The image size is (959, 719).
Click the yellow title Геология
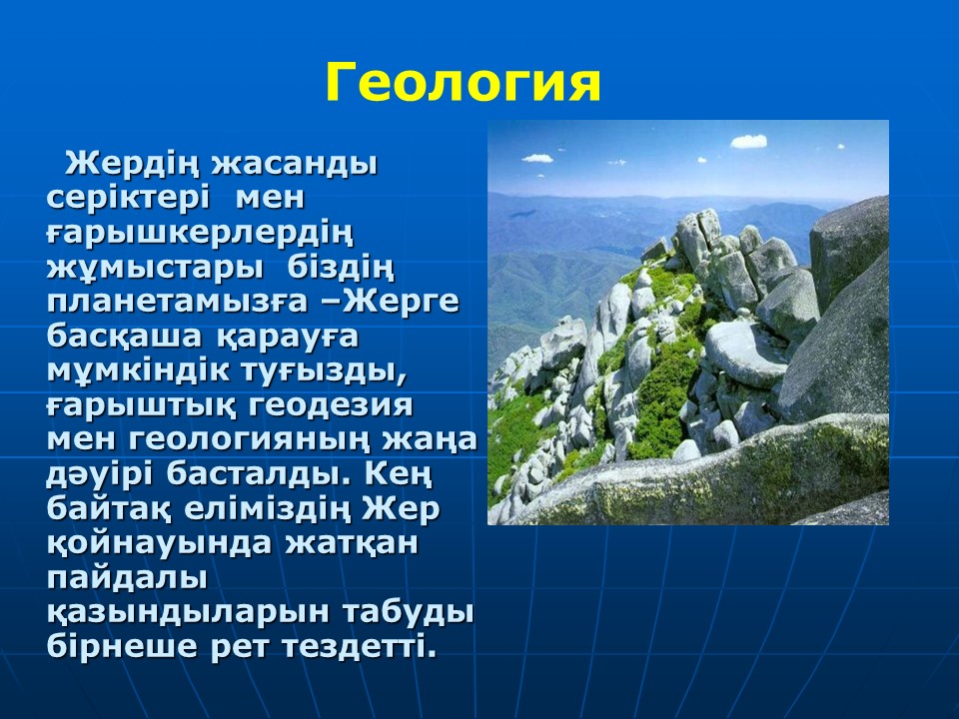[x=463, y=84]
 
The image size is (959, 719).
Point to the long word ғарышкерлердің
[x=200, y=234]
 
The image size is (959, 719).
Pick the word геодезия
[x=331, y=406]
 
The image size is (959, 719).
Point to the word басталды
[x=250, y=474]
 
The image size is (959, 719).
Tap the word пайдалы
[x=127, y=578]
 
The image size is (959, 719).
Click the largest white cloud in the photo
[x=748, y=141]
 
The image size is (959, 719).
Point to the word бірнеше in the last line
[x=122, y=647]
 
